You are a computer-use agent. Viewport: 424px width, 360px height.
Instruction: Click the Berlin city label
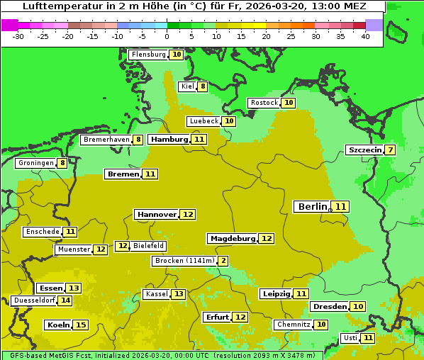(312, 206)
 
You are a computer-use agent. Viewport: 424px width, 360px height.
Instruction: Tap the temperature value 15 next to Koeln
(80, 325)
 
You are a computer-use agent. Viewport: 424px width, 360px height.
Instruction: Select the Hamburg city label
(169, 140)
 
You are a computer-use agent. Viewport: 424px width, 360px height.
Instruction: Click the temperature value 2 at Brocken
(223, 261)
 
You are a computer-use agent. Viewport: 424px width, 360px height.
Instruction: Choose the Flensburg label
(148, 55)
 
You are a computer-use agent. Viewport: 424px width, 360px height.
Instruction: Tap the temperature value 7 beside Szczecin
(390, 150)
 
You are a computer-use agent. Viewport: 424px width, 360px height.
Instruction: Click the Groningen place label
(36, 163)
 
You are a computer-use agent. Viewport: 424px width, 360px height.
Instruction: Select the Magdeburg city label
(232, 238)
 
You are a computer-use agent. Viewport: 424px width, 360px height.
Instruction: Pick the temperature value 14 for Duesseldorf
(65, 300)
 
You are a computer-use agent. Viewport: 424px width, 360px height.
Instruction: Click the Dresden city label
(329, 306)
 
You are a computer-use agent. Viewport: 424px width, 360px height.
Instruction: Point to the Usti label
(350, 338)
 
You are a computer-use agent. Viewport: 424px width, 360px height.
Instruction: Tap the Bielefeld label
(149, 246)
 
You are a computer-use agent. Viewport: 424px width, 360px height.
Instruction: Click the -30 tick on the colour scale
(18, 36)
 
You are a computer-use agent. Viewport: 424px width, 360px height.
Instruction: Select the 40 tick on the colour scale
(365, 36)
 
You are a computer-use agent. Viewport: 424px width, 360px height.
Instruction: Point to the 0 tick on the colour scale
(167, 36)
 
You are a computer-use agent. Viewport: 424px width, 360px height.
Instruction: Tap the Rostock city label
(264, 103)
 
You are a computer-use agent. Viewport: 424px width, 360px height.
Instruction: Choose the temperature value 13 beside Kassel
(179, 294)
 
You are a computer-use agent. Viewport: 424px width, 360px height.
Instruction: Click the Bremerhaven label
(106, 140)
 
